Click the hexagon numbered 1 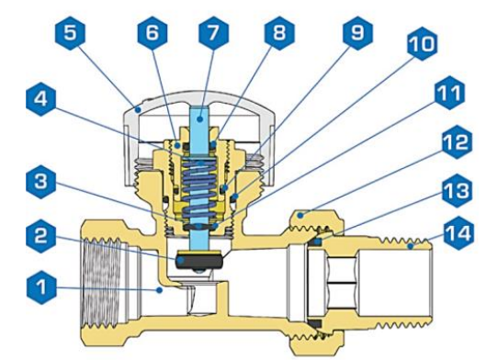(41, 287)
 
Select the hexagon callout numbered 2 (41, 235)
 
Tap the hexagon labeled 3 (41, 182)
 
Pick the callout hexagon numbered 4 (41, 99)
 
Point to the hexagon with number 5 (71, 33)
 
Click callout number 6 (153, 33)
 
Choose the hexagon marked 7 (213, 33)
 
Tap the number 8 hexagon (279, 33)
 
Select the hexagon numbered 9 (358, 33)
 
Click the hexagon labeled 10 (423, 43)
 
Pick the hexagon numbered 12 (457, 142)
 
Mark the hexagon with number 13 (457, 190)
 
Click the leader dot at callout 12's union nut (300, 215)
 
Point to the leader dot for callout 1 (159, 290)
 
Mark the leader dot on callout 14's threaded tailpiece (411, 246)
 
